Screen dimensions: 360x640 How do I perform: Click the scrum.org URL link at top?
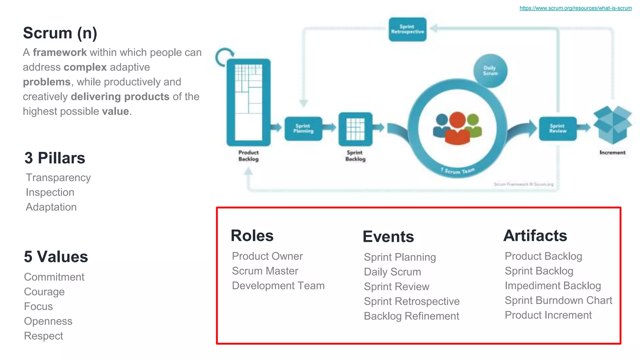pyautogui.click(x=575, y=8)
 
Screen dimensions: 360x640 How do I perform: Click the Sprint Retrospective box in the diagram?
pyautogui.click(x=407, y=29)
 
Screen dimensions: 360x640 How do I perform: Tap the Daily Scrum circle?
pyautogui.click(x=490, y=71)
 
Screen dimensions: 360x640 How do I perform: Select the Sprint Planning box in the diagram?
pyautogui.click(x=303, y=128)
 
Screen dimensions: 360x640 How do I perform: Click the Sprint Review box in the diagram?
pyautogui.click(x=557, y=128)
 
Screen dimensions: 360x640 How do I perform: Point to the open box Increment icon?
pyautogui.click(x=612, y=125)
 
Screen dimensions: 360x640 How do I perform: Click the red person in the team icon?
pyautogui.click(x=457, y=130)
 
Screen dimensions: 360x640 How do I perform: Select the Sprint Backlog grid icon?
pyautogui.click(x=355, y=129)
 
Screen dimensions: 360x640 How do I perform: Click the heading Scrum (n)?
pyautogui.click(x=60, y=33)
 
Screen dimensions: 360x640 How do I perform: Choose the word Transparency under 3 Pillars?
pyautogui.click(x=58, y=177)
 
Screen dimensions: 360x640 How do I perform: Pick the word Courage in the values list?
pyautogui.click(x=44, y=292)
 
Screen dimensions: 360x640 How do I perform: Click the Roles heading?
pyautogui.click(x=252, y=236)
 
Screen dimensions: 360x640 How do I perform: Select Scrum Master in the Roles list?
pyautogui.click(x=265, y=271)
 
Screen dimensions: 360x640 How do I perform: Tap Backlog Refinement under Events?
pyautogui.click(x=411, y=316)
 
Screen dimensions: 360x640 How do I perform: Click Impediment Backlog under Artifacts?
pyautogui.click(x=552, y=286)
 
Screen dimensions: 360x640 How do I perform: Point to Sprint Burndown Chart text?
pyautogui.click(x=558, y=300)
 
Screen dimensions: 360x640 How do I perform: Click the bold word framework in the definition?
pyautogui.click(x=60, y=52)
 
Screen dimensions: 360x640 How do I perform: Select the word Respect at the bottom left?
pyautogui.click(x=43, y=336)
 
